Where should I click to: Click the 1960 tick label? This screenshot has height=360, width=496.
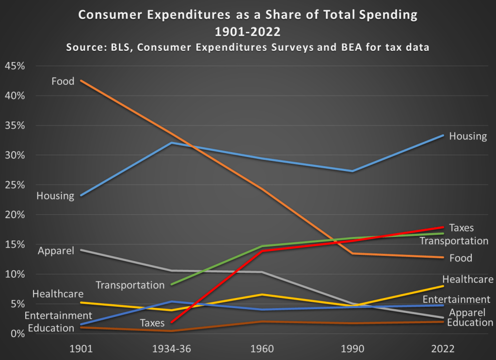[x=262, y=348]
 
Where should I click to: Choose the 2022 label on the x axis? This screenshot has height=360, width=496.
[x=444, y=348]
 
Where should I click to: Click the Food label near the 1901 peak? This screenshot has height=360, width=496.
[x=63, y=81]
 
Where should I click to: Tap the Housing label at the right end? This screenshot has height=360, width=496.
[x=467, y=136]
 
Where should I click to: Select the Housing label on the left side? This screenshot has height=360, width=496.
[x=55, y=196]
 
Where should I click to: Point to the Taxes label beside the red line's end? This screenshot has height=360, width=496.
[x=461, y=228]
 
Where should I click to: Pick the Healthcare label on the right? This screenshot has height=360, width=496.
[x=467, y=280]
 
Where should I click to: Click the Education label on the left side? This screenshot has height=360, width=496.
[x=50, y=328]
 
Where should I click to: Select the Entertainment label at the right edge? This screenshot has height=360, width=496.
[x=456, y=300]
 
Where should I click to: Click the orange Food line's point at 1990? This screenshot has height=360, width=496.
[x=352, y=253]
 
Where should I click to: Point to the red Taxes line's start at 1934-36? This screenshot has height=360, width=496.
[x=172, y=322]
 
